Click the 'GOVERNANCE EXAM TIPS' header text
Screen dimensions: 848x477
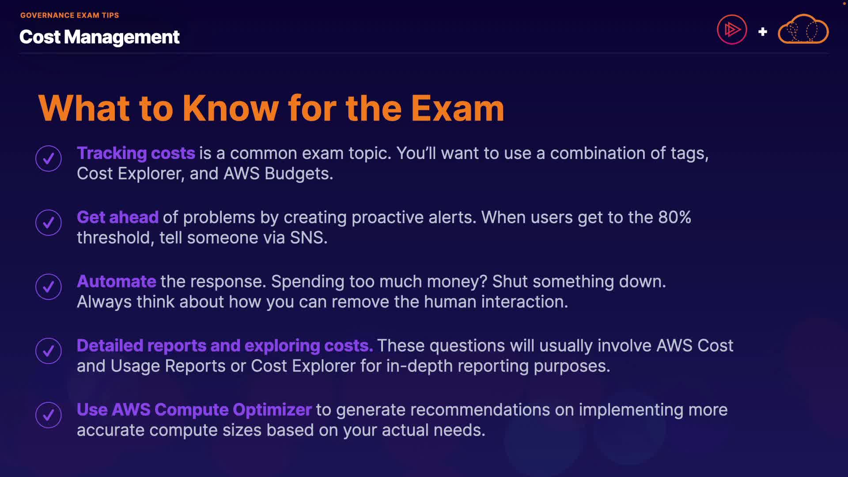coord(70,15)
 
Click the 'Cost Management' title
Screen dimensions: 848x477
coord(99,37)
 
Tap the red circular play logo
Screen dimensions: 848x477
coord(732,30)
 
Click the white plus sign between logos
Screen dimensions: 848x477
coord(762,32)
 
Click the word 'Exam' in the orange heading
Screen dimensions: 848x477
coord(458,108)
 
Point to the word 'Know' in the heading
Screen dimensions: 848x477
coord(231,108)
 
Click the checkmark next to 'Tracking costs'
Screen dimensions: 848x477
coord(49,159)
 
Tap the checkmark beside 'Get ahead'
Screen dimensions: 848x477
coord(49,223)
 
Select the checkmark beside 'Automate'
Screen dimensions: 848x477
coord(49,287)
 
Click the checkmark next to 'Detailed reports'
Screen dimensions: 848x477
coord(49,351)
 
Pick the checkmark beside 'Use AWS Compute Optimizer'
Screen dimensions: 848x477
coord(49,415)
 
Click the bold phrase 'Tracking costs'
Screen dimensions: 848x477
coord(136,153)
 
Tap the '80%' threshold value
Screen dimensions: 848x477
coord(674,217)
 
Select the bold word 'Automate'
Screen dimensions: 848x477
coord(117,281)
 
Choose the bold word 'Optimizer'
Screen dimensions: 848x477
coord(272,410)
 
